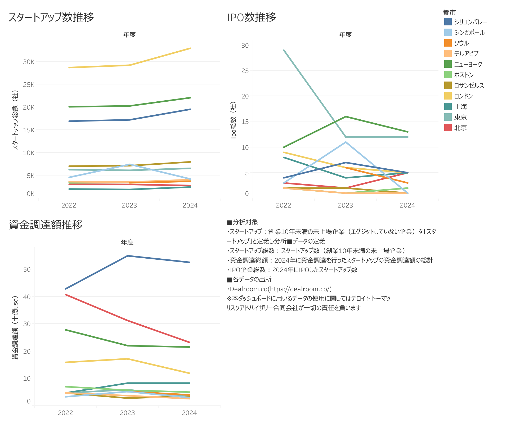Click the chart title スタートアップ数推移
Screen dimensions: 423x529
click(51, 17)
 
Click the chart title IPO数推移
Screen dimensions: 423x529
click(252, 17)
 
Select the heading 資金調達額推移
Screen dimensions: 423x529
click(46, 225)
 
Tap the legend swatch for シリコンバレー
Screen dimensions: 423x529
click(448, 22)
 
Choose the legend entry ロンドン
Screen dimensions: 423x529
click(463, 96)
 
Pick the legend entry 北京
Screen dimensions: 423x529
click(460, 128)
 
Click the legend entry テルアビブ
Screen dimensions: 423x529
click(466, 54)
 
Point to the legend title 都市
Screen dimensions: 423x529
click(449, 12)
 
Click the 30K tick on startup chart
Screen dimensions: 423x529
click(29, 62)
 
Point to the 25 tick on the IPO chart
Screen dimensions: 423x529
click(245, 71)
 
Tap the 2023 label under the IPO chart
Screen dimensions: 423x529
click(345, 205)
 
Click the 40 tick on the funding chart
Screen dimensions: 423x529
click(27, 297)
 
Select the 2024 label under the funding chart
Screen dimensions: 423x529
click(189, 413)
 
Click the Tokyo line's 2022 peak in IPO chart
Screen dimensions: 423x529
click(284, 50)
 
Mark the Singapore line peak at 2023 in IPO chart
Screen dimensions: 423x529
click(346, 142)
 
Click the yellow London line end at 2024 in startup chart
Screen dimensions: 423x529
click(190, 48)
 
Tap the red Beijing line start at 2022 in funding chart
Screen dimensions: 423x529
click(66, 295)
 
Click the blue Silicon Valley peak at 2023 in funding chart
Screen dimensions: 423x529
click(128, 256)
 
